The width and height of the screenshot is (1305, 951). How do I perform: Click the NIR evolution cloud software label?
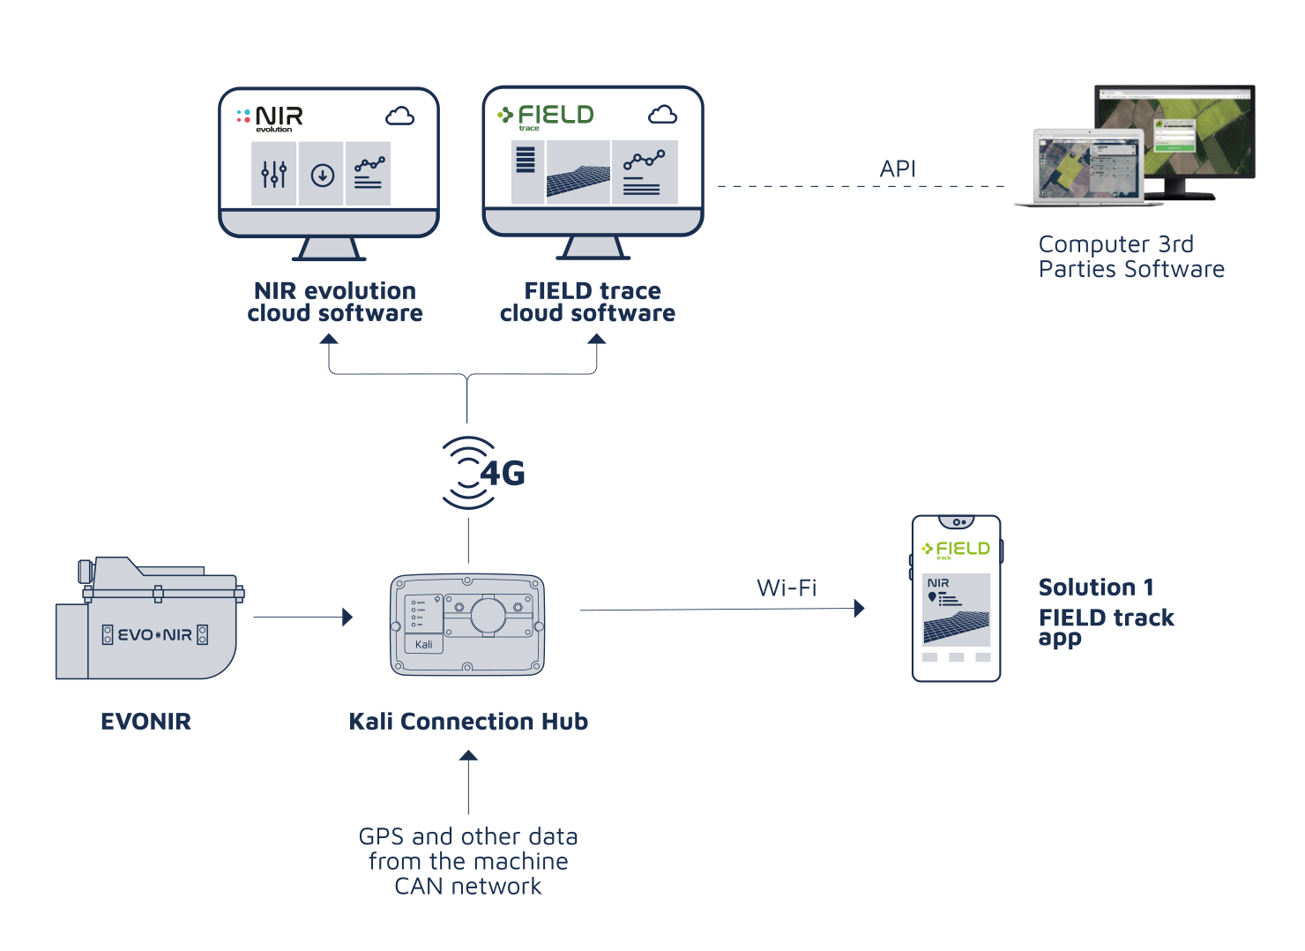point(335,302)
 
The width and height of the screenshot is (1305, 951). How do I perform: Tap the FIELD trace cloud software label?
point(588,302)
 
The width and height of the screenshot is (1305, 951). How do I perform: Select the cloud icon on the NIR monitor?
point(399,116)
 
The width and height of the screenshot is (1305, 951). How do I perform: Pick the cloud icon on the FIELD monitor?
point(662,115)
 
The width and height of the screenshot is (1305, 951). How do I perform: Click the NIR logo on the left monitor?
point(271,117)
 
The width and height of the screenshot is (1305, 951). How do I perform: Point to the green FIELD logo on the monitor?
point(546,116)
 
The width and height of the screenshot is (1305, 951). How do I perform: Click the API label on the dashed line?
point(898,168)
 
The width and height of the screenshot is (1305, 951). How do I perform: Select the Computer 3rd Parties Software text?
point(1131,257)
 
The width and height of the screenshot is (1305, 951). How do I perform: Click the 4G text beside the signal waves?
point(503,474)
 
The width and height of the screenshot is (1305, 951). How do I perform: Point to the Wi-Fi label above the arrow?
point(787,588)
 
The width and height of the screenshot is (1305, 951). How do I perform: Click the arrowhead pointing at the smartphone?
point(859,608)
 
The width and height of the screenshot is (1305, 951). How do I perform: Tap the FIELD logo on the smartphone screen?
point(956,550)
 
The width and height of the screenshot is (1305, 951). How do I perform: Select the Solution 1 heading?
point(1096,588)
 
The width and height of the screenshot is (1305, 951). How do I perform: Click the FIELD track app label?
point(1107,626)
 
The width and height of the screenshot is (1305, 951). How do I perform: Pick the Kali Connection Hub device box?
point(467,625)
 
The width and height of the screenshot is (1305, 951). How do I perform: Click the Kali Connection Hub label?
point(468,722)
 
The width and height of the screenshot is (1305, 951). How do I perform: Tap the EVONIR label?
point(145,722)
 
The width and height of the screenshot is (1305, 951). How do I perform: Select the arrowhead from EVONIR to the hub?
point(347,617)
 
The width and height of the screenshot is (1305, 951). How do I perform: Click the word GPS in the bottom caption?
point(382,836)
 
